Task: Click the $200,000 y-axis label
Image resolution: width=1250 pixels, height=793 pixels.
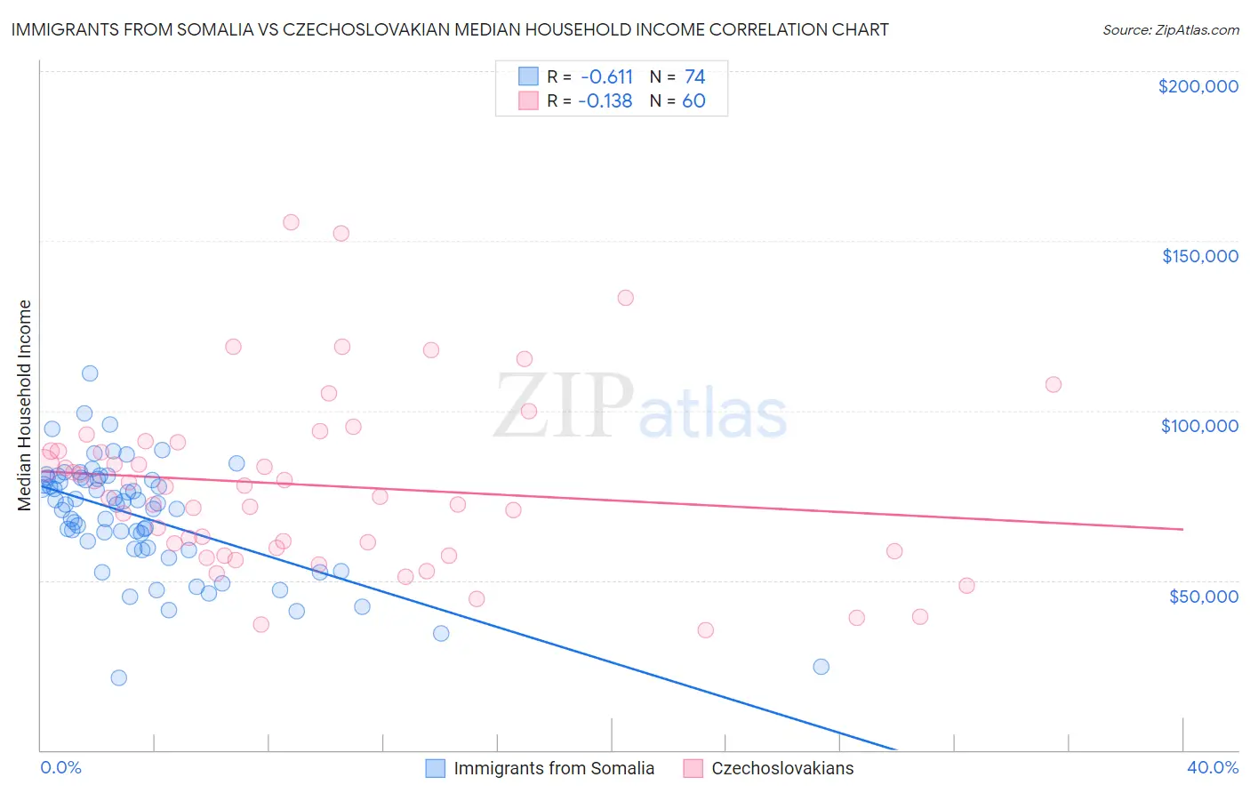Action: tap(1198, 86)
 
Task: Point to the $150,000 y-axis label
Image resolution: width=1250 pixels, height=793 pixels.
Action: tap(1199, 256)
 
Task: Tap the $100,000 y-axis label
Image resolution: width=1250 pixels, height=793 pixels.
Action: tap(1199, 426)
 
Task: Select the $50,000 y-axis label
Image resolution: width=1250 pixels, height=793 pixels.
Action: tap(1203, 596)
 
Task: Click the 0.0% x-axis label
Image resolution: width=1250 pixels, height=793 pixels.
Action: tap(60, 767)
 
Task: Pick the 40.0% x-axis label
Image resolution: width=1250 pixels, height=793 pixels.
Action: tap(1212, 767)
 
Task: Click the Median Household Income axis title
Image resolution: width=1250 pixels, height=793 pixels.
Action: tap(25, 405)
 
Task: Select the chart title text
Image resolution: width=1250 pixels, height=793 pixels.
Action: tap(450, 29)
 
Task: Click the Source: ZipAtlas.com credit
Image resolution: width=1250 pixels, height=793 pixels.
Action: tap(1170, 29)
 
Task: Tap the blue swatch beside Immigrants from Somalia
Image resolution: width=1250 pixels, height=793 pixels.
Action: tap(435, 768)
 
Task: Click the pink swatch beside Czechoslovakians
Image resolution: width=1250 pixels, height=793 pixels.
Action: tap(693, 768)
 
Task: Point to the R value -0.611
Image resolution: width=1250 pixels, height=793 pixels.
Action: tap(606, 76)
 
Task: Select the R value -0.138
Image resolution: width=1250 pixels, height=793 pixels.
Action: tap(605, 101)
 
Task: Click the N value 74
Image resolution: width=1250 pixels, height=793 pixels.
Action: tap(694, 76)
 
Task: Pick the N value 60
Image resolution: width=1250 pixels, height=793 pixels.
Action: tap(693, 101)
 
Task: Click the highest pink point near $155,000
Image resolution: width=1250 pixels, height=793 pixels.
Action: tap(291, 222)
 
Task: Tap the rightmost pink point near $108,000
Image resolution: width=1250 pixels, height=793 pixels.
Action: tap(1054, 384)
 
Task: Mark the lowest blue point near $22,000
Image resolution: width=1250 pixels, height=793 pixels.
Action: tap(118, 677)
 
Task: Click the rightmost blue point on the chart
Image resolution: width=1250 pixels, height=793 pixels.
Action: tap(821, 667)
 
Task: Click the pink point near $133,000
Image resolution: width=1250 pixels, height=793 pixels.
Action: tap(625, 298)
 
